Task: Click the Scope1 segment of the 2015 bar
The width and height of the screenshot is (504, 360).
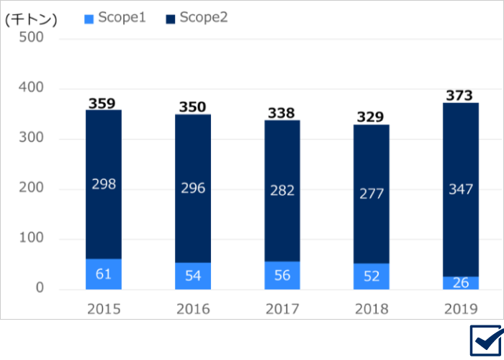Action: click(104, 274)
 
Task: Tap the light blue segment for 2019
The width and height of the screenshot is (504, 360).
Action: click(461, 283)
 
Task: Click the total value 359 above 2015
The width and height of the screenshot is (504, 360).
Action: click(102, 103)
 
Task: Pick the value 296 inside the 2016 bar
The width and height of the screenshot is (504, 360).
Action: click(193, 188)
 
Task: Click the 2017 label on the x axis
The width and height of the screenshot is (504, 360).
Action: click(282, 310)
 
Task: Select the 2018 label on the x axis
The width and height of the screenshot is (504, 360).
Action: click(372, 310)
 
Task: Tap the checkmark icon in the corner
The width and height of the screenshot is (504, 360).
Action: click(485, 340)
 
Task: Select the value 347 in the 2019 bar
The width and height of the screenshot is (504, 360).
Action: click(461, 190)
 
